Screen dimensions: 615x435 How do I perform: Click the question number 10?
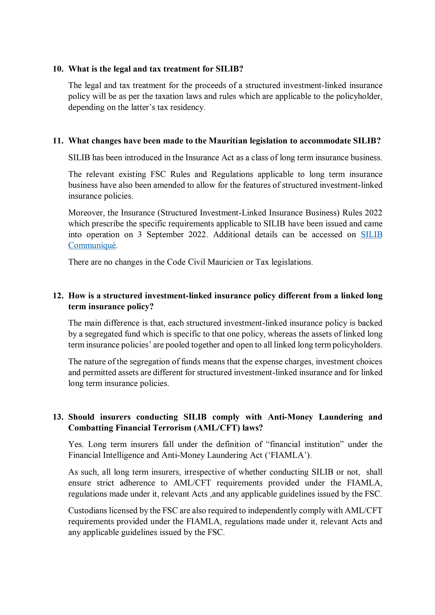pos(58,69)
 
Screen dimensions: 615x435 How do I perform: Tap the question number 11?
pos(58,141)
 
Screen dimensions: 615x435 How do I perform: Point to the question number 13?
pos(58,417)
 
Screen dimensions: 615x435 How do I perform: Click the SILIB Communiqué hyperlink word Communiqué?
pos(92,245)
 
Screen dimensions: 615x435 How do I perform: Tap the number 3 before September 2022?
pos(140,235)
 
